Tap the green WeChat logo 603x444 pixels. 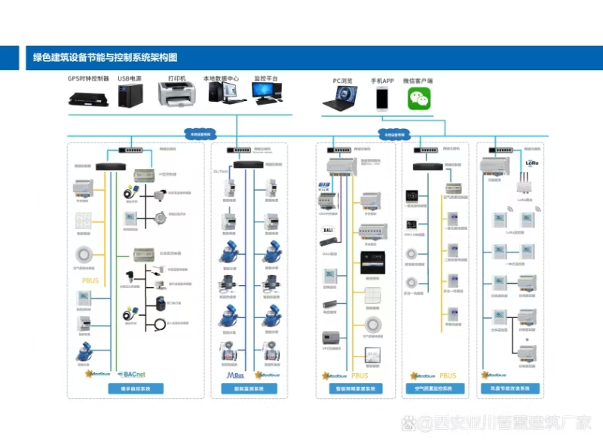tap(422, 98)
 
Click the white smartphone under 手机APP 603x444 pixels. tap(382, 98)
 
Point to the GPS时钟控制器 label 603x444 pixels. tap(88, 78)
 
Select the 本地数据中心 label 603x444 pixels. tap(221, 78)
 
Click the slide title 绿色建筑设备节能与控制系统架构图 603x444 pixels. tap(105, 57)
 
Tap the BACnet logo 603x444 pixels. tap(134, 373)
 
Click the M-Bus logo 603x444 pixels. tap(235, 374)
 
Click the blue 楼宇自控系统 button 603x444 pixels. tap(135, 390)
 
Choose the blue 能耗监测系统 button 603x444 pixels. tap(249, 390)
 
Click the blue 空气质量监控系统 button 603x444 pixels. tap(434, 390)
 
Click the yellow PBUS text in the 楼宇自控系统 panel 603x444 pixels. tap(90, 281)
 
